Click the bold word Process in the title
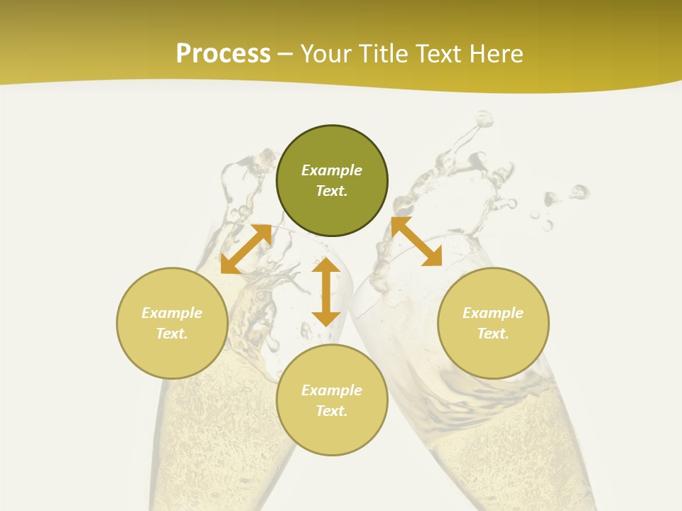(223, 54)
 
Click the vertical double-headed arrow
(326, 292)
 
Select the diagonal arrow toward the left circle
(246, 249)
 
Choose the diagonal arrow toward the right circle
(416, 242)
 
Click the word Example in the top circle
(332, 170)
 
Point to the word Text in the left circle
(172, 334)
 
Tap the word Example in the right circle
(493, 313)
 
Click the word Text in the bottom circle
(332, 411)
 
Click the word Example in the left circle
(172, 313)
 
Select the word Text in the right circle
(493, 334)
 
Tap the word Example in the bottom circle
(332, 390)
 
